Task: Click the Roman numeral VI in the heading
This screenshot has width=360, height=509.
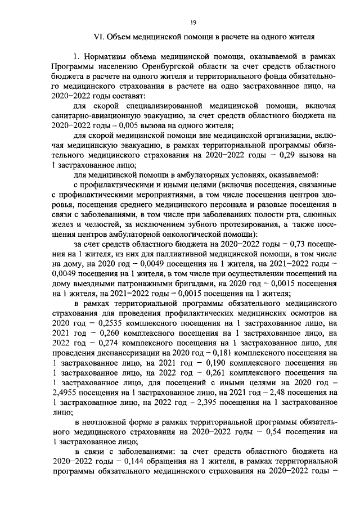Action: (99, 37)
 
